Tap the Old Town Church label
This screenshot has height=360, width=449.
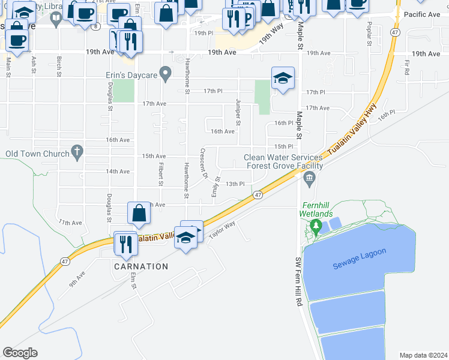[x=37, y=154]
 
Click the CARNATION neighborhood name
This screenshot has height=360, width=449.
[x=141, y=266]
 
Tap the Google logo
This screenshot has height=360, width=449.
[x=20, y=353]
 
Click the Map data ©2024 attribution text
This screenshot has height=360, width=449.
[x=423, y=355]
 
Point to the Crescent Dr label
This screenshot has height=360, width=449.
[x=203, y=163]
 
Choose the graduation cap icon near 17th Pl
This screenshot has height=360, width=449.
[x=283, y=78]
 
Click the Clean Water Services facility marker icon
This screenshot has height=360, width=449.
[x=310, y=176]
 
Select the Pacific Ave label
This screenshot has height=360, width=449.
[x=423, y=14]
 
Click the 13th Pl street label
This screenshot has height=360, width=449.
[x=235, y=184]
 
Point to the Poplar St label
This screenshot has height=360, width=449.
[x=368, y=34]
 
